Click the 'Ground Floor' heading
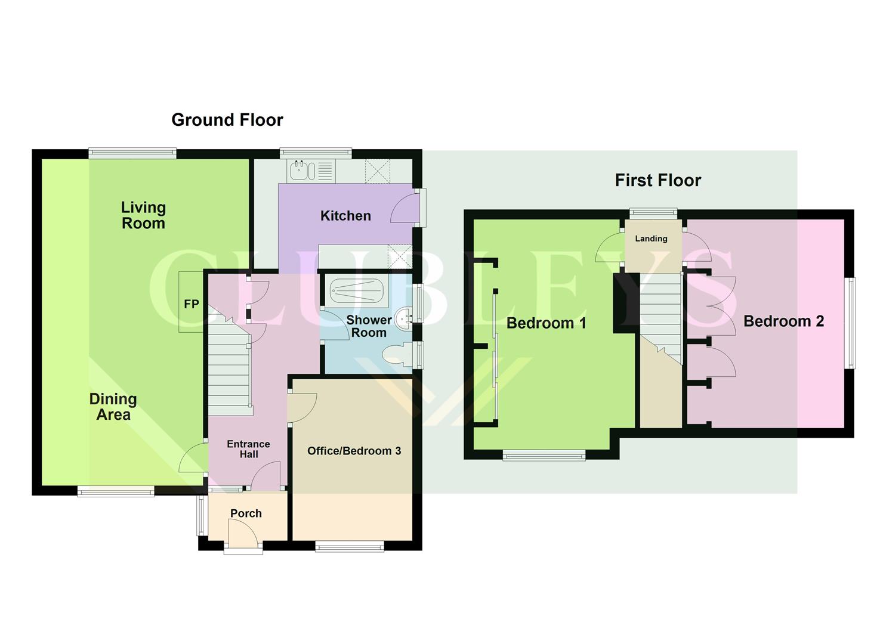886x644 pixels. coord(227,120)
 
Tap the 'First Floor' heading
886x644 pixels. coord(657,180)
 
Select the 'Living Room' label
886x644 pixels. coord(143,215)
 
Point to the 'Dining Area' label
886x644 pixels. coord(113,407)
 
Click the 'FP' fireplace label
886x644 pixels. coord(191,304)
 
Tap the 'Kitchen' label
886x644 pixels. coord(345,216)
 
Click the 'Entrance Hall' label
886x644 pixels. coord(248,449)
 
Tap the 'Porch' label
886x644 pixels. coord(246,513)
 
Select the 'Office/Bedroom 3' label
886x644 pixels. coord(354,451)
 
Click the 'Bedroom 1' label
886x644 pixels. coord(546,323)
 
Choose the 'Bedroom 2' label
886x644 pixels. coord(783,321)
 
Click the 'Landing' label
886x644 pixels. coord(651,239)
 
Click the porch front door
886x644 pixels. coord(243,535)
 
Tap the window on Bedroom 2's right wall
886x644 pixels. coord(851,323)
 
